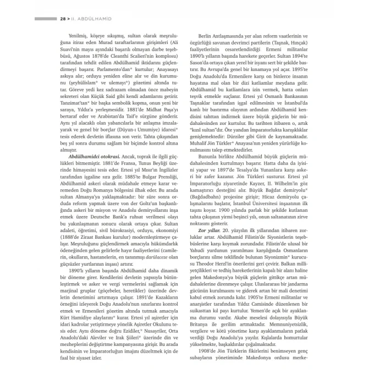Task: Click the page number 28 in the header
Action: (63, 19)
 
